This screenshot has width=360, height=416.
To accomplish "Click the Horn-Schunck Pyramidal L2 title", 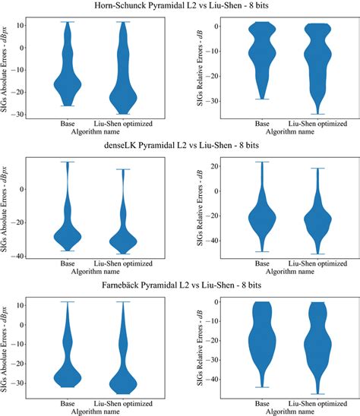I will (x=180, y=7).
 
